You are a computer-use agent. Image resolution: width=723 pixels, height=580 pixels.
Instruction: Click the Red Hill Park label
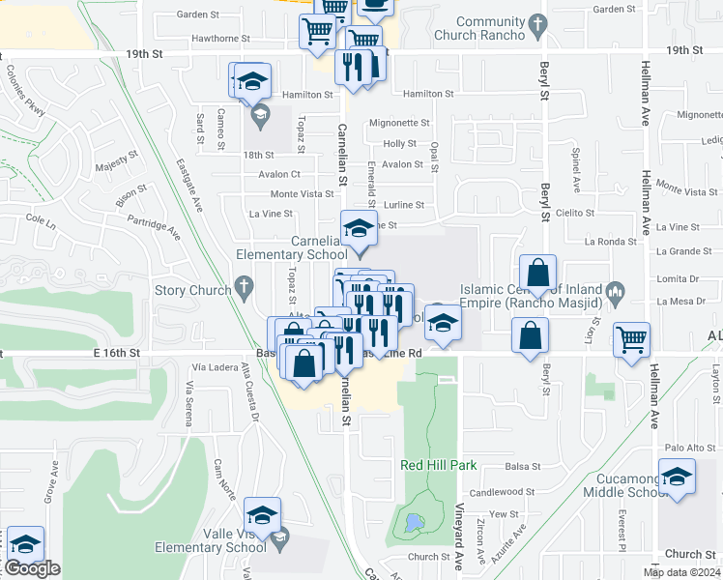pyautogui.click(x=439, y=465)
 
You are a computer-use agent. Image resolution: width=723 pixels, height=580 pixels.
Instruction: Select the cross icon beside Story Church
pyautogui.click(x=243, y=288)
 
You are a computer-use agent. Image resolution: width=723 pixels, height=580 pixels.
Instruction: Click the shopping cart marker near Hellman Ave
pyautogui.click(x=631, y=339)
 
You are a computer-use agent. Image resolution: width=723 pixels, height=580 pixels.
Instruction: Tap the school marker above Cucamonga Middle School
pyautogui.click(x=677, y=477)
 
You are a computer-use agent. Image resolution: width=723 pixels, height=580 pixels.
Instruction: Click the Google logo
pyautogui.click(x=31, y=569)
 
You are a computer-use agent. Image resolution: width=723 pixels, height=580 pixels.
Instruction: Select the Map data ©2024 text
pyautogui.click(x=682, y=572)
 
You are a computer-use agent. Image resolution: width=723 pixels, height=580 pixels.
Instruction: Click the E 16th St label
pyautogui.click(x=119, y=354)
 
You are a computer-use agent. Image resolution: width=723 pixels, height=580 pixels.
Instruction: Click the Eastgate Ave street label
pyautogui.click(x=190, y=185)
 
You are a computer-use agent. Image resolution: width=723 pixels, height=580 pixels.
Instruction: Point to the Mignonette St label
pyautogui.click(x=399, y=124)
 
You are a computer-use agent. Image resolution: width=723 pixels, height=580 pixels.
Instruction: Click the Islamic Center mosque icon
pyautogui.click(x=613, y=290)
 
